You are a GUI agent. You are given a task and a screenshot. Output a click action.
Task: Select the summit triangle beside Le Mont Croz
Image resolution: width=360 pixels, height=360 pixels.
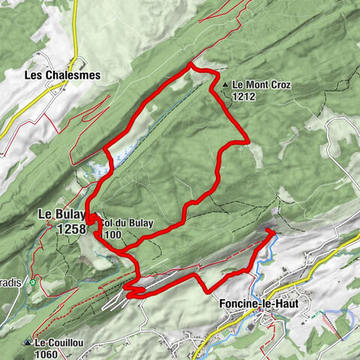coord(224,85)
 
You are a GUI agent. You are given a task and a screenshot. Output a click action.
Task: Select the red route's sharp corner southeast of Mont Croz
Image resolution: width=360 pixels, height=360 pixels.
coord(247,139)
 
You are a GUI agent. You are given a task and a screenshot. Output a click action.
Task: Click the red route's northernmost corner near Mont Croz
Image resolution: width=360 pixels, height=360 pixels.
coord(190,67)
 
